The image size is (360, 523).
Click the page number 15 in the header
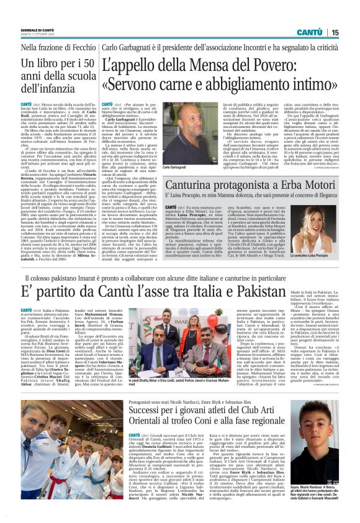coord(335,32)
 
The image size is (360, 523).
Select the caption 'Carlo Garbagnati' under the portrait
coord(174,168)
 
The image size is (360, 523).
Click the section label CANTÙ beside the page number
coord(309,32)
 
